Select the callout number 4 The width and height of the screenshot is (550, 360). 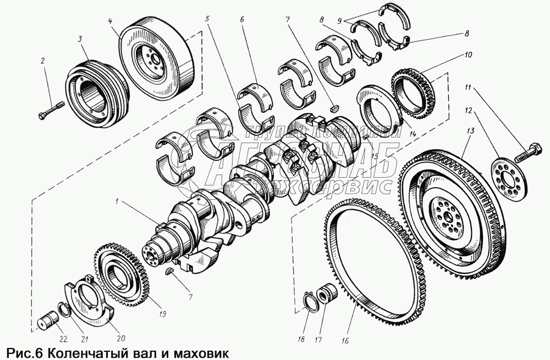111,21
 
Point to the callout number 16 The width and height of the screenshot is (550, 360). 345,340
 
